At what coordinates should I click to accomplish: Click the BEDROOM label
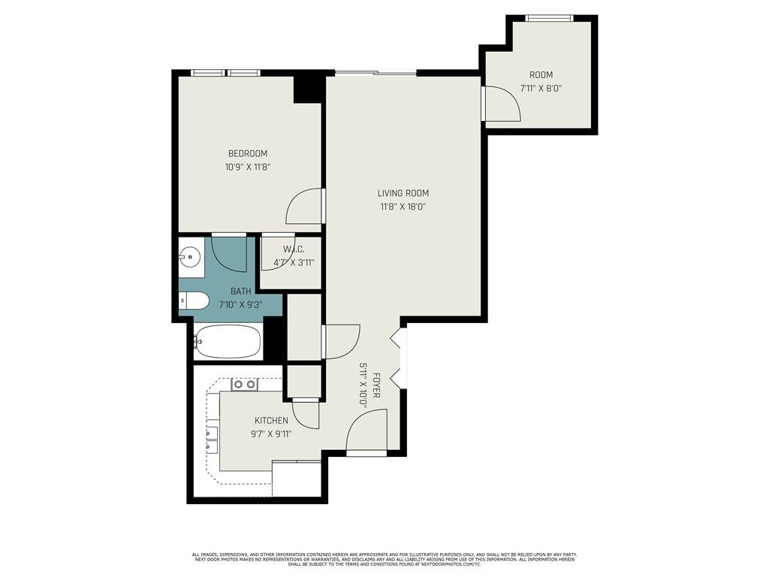(248, 153)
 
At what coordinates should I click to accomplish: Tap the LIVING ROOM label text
(403, 193)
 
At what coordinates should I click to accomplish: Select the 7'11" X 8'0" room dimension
(541, 88)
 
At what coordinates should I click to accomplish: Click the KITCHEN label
(271, 421)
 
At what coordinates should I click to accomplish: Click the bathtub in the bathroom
(228, 343)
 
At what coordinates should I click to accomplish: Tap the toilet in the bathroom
(194, 301)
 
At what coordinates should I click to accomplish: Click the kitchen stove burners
(244, 384)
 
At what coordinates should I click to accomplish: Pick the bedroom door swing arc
(305, 206)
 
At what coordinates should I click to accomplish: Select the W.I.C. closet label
(293, 249)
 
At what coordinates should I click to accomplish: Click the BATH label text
(241, 292)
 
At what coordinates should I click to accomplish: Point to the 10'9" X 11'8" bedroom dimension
(248, 167)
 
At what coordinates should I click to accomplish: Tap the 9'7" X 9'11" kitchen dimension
(271, 434)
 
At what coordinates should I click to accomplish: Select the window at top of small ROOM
(550, 18)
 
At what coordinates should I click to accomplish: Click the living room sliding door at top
(375, 73)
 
